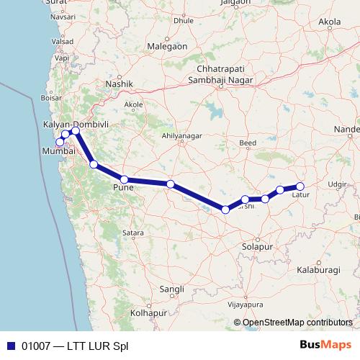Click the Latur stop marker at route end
(x=300, y=186)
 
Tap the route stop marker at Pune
(x=124, y=179)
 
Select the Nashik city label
(x=120, y=84)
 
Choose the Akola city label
(x=330, y=22)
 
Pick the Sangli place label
(x=173, y=289)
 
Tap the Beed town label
(x=248, y=143)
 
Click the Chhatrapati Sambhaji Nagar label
(x=222, y=73)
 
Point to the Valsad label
(x=63, y=42)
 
